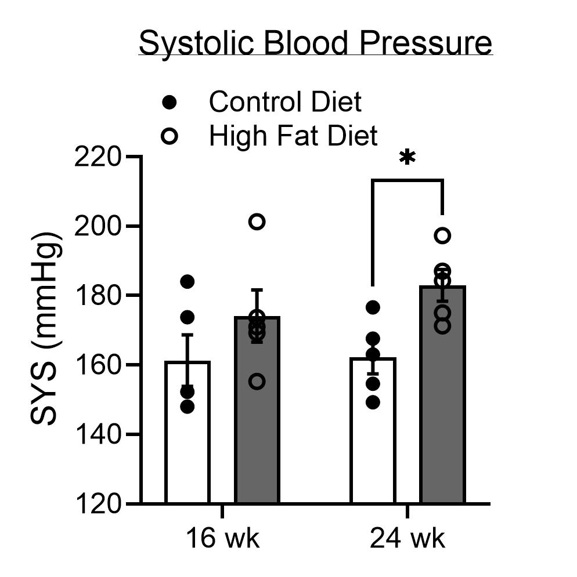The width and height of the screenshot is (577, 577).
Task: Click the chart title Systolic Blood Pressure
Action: (x=315, y=43)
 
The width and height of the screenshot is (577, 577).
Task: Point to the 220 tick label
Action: (x=98, y=157)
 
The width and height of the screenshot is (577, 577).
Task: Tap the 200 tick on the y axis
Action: (x=98, y=226)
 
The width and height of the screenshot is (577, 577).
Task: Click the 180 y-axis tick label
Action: (x=98, y=296)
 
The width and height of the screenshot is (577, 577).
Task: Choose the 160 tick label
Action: (x=98, y=365)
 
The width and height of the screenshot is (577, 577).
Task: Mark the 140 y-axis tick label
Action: (x=98, y=435)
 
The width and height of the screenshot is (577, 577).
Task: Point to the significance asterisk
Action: (x=408, y=158)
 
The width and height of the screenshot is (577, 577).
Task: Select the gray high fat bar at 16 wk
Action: (x=257, y=429)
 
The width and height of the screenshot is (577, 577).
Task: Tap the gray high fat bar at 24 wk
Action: (x=442, y=418)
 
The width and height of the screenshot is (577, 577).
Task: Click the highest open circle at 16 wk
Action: (x=257, y=222)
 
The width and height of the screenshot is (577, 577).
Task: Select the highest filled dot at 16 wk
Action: (x=187, y=282)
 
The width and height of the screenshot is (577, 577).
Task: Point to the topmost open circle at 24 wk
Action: (x=442, y=235)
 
